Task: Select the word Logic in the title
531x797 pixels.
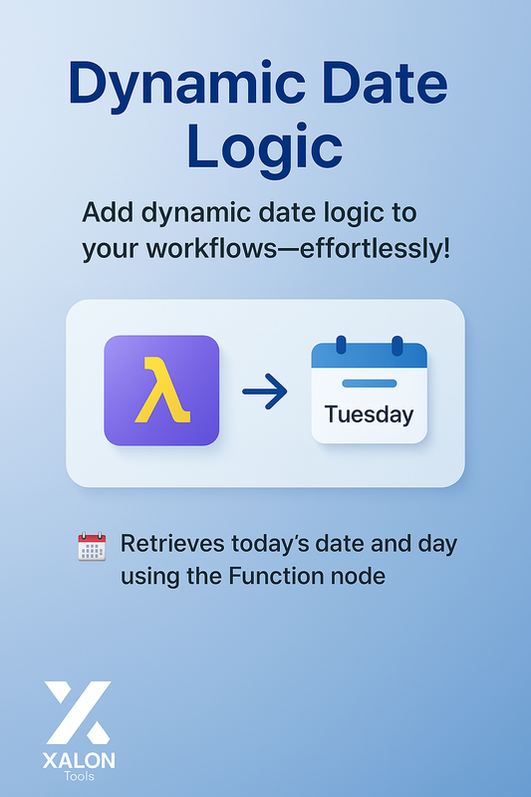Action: tap(264, 148)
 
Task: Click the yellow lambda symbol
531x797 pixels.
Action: tap(161, 391)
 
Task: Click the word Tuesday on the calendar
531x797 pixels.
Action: tap(369, 413)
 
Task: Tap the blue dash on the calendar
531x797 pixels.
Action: tap(369, 383)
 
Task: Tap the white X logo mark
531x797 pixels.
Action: tap(79, 712)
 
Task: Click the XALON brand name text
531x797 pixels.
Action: tap(79, 761)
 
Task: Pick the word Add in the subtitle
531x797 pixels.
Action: tap(105, 212)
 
